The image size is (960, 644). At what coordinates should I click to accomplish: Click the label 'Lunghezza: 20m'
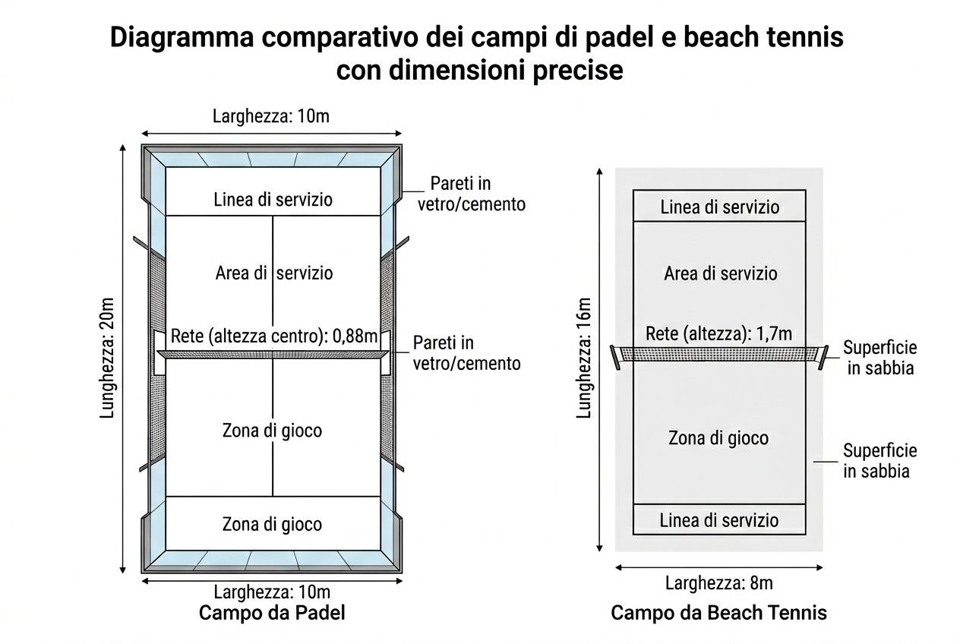(x=107, y=357)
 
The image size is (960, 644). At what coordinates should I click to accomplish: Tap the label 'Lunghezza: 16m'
(x=584, y=357)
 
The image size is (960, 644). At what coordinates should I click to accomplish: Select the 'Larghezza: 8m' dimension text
(x=718, y=583)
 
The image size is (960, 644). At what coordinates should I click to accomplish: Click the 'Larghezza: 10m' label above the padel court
(x=271, y=116)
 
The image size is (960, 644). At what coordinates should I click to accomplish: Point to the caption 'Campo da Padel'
(x=272, y=612)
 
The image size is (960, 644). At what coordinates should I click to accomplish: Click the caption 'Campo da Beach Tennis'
(x=718, y=612)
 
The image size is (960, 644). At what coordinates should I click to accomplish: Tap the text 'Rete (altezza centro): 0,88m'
(x=273, y=336)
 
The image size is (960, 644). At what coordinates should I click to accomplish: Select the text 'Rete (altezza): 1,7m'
(x=718, y=333)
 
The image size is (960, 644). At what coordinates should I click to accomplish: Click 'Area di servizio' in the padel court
(x=273, y=273)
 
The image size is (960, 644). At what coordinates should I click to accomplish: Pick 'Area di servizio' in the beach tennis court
(x=720, y=273)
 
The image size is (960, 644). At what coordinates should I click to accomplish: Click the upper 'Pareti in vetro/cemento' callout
(x=471, y=194)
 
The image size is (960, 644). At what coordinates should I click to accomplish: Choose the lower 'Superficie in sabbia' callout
(x=879, y=460)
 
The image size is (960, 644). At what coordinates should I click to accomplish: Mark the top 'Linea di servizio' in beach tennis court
(x=719, y=207)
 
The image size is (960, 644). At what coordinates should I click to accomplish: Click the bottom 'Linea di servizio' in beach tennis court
(x=718, y=520)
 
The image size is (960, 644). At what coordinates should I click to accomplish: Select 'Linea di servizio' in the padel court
(x=273, y=200)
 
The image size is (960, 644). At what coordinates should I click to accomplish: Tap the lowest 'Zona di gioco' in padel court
(x=272, y=524)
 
